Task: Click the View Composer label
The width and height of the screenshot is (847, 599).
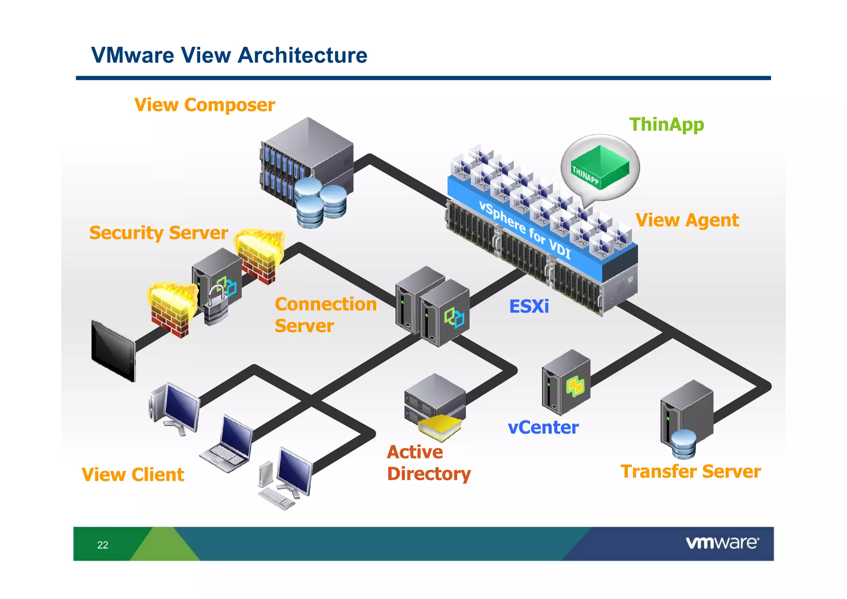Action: [x=205, y=105]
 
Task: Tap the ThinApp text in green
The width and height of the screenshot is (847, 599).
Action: [x=666, y=124]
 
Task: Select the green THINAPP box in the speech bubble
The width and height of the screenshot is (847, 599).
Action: [x=600, y=168]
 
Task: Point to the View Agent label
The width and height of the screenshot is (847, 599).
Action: [x=687, y=220]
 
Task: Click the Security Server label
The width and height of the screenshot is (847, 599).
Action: [x=158, y=233]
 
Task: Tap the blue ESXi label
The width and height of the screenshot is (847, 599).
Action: [x=529, y=307]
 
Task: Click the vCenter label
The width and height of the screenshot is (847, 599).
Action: [x=543, y=428]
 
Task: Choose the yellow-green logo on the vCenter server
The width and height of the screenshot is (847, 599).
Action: [x=575, y=387]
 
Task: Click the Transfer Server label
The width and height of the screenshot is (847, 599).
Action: [x=691, y=472]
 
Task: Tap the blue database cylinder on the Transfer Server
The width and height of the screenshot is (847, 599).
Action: [x=684, y=444]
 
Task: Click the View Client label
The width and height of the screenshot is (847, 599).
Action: [x=133, y=475]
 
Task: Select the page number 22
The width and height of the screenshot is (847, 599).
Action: [x=103, y=545]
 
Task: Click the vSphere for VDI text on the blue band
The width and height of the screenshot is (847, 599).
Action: [x=525, y=230]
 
